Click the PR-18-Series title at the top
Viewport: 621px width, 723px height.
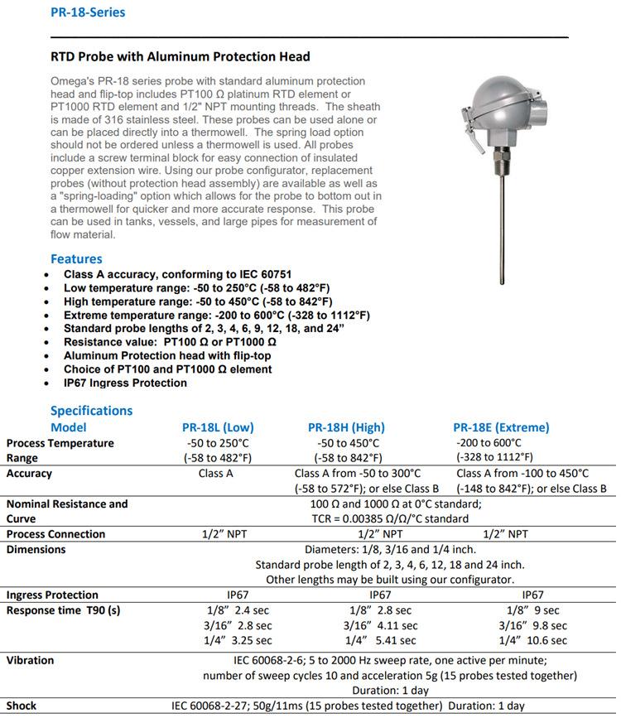(x=88, y=12)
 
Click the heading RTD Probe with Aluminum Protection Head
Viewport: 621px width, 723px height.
(x=181, y=56)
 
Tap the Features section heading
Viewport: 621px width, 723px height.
(x=76, y=259)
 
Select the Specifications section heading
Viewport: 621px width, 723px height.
(x=91, y=411)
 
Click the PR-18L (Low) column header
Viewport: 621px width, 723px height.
(x=217, y=427)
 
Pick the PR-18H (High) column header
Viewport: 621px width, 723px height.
(x=346, y=427)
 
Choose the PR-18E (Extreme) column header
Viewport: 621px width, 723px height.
(x=501, y=427)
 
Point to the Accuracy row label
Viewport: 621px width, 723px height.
(x=29, y=474)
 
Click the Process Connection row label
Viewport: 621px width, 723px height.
(x=55, y=534)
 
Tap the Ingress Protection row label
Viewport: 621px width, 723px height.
(x=52, y=595)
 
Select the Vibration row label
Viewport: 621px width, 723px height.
(x=30, y=660)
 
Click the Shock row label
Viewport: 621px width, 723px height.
(x=22, y=706)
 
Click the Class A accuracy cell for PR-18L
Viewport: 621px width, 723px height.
(x=216, y=474)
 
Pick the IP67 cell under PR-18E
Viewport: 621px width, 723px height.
(x=532, y=595)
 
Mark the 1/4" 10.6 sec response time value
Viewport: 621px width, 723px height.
(x=532, y=640)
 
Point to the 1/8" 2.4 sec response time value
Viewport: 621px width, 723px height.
(x=237, y=610)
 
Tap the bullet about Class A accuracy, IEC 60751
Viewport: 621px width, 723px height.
(x=177, y=274)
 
